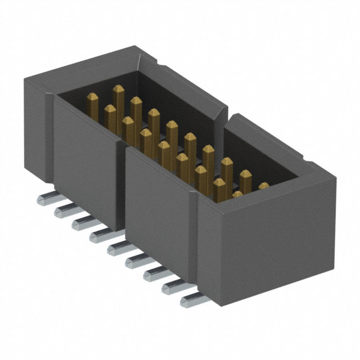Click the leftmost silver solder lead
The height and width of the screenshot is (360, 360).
click(46, 199)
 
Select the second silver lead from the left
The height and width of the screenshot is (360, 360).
click(63, 211)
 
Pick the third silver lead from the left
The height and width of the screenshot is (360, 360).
click(80, 223)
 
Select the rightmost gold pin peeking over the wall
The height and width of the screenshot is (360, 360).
click(264, 186)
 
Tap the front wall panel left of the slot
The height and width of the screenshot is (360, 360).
click(84, 163)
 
